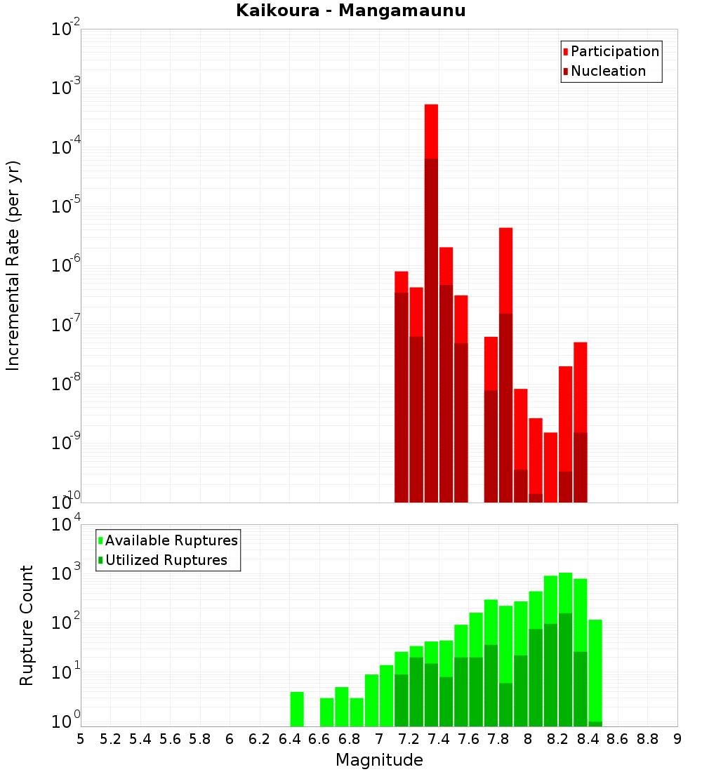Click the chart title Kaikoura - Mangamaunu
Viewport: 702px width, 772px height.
[x=351, y=11]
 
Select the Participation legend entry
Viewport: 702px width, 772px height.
[x=614, y=52]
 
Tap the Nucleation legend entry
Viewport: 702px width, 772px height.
[x=607, y=72]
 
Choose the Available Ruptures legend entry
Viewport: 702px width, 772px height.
[x=171, y=540]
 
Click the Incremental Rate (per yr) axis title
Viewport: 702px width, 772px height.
[x=13, y=265]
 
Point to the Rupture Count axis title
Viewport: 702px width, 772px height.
[x=27, y=625]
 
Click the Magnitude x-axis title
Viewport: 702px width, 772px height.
[x=379, y=760]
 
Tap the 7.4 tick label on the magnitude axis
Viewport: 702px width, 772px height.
[x=439, y=739]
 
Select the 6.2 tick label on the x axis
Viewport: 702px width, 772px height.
[x=260, y=739]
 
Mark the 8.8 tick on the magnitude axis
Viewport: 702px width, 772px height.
[x=647, y=739]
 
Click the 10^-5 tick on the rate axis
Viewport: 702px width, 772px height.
[x=67, y=206]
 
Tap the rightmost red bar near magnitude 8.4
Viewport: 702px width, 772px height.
[x=580, y=386]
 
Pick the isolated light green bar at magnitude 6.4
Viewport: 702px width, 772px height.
[x=297, y=709]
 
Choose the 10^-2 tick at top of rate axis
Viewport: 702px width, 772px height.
[x=67, y=29]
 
